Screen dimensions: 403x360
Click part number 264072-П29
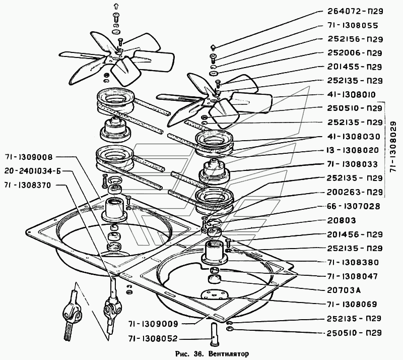(x=355, y=11)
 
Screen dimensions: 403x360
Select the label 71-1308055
(x=353, y=25)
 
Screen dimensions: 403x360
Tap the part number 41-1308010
(x=351, y=94)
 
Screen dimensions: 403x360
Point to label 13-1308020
(x=353, y=150)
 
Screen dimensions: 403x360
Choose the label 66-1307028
(x=354, y=206)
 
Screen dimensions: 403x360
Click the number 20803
(x=342, y=220)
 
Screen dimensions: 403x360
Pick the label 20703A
(x=344, y=290)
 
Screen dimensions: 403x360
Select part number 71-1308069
(x=352, y=304)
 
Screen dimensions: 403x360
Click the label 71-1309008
(x=28, y=157)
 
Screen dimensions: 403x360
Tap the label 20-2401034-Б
(x=33, y=171)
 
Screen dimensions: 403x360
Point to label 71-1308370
(x=28, y=185)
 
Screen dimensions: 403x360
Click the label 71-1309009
(x=153, y=324)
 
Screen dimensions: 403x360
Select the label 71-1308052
(x=153, y=339)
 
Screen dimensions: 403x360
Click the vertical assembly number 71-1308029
(x=393, y=147)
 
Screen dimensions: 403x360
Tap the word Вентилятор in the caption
(x=229, y=354)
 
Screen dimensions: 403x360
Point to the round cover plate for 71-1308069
(x=215, y=295)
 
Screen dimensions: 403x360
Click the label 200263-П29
(x=355, y=192)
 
